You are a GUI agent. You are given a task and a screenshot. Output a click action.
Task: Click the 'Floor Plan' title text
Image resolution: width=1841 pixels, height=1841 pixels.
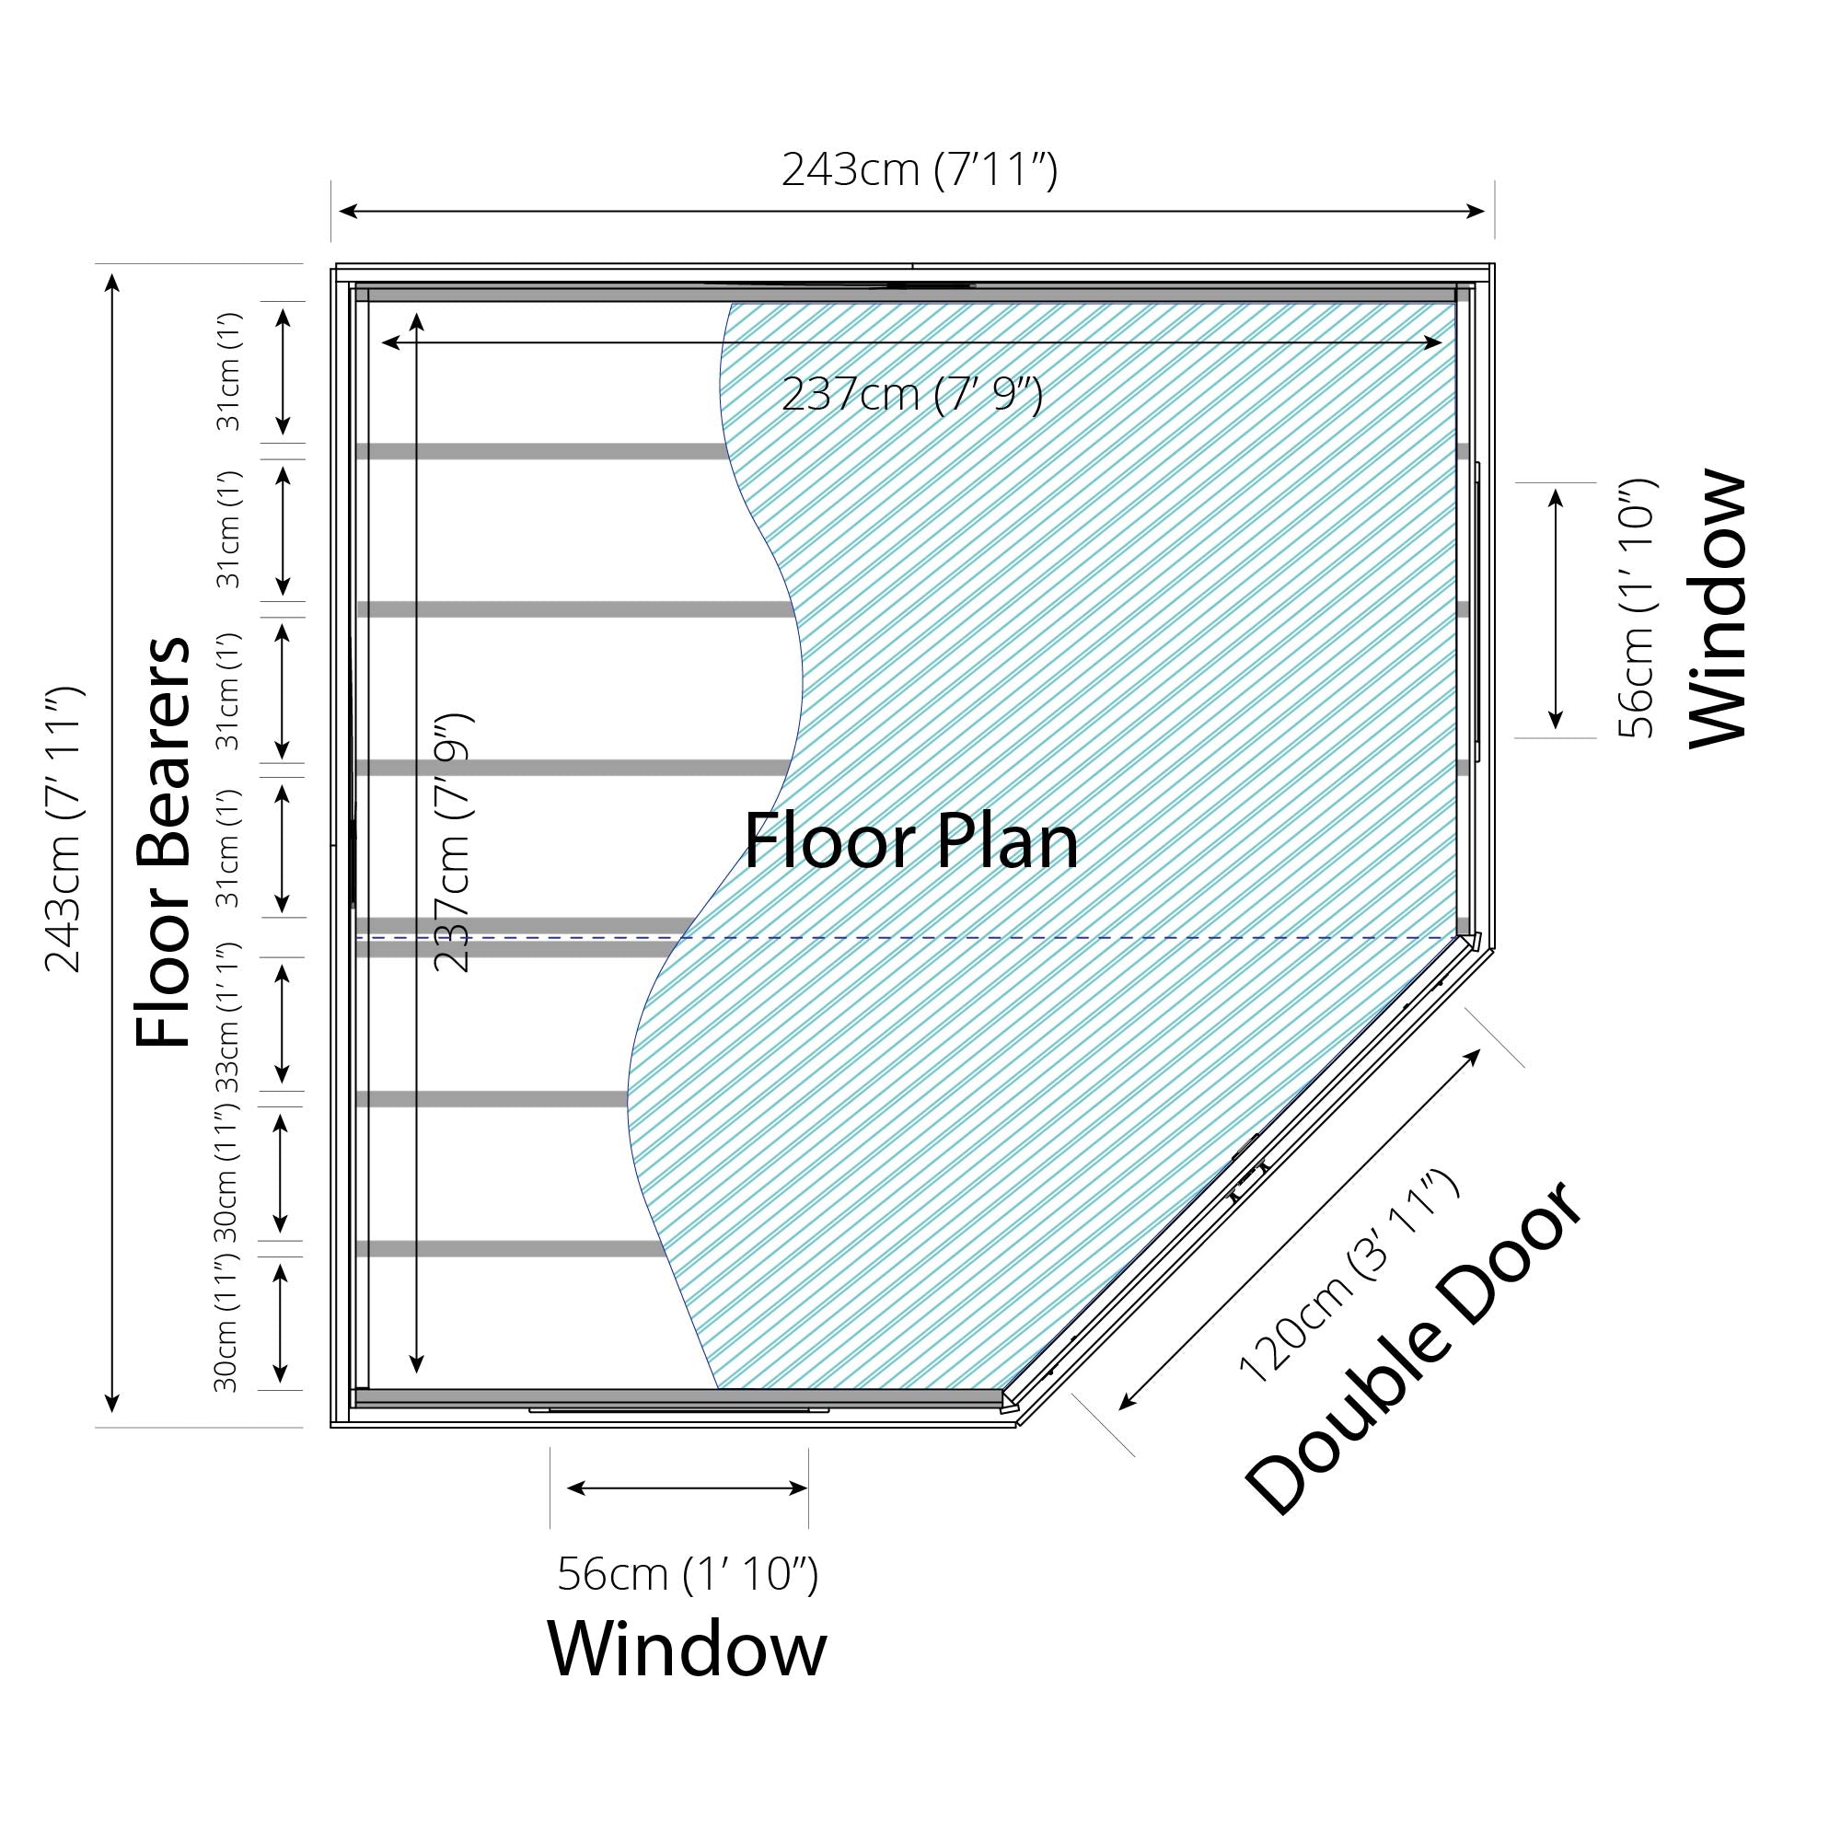coord(910,842)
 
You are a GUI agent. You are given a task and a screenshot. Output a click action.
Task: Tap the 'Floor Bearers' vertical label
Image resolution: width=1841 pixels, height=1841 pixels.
coord(163,840)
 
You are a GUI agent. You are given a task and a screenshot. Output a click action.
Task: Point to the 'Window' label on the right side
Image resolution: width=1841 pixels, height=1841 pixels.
coord(1718,608)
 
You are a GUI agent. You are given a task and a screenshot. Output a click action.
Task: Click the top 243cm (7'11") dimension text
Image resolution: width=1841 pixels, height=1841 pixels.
coord(920,171)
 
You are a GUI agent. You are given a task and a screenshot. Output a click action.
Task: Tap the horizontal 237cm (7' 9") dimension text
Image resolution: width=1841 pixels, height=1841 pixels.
coord(912,394)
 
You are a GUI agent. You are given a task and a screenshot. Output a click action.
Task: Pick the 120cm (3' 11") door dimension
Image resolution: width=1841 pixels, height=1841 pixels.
coord(1348,1276)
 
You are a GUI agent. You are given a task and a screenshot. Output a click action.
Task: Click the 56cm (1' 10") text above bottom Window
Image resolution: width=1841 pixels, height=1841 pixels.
coord(687,1573)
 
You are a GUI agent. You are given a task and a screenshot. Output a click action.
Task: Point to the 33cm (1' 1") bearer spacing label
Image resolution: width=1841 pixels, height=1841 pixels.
coord(226,1018)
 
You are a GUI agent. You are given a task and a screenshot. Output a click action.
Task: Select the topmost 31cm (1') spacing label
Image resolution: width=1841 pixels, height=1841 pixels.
coord(228,372)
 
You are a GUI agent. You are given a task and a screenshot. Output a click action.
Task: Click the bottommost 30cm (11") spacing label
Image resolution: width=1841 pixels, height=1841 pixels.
coord(226,1325)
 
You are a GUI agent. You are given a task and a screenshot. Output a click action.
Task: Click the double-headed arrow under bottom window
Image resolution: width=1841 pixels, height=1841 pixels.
coord(687,1488)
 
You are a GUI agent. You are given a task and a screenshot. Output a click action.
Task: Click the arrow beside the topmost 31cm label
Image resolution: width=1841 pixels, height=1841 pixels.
coord(283,372)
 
